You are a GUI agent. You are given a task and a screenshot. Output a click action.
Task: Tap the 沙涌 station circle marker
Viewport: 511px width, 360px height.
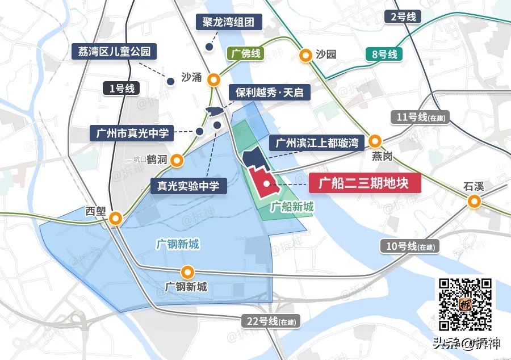coord(214,79)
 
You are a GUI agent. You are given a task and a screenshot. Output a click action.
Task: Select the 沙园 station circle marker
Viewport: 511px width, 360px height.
coord(305,55)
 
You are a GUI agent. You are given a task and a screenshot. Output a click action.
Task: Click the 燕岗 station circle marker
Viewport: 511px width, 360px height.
coord(375,141)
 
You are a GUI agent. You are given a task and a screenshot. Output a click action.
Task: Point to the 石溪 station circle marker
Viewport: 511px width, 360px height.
coord(474,201)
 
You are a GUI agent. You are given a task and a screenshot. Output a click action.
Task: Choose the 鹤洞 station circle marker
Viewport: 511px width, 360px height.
coord(178,160)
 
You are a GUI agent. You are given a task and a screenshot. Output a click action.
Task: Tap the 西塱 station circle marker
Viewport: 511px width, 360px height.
coord(116,218)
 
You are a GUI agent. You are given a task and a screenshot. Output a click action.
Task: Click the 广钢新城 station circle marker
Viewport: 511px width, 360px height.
coord(187,272)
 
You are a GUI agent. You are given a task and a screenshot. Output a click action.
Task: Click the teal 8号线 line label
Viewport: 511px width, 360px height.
coord(384,55)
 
